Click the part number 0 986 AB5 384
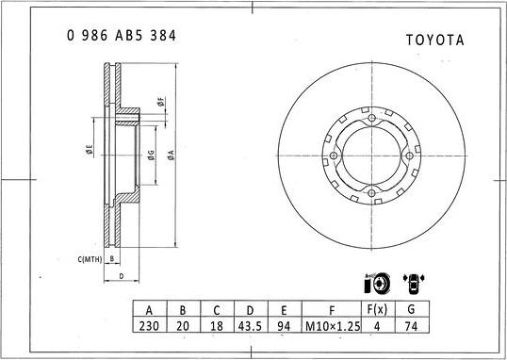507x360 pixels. click(122, 36)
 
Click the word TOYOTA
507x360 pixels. click(434, 40)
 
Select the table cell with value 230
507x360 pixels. click(148, 325)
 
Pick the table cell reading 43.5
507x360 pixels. click(250, 325)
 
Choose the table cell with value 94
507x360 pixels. click(284, 325)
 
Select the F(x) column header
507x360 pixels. click(376, 308)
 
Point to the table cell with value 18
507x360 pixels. click(216, 325)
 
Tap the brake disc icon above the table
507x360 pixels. click(375, 283)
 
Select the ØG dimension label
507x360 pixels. click(150, 155)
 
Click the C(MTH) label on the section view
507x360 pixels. click(90, 257)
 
